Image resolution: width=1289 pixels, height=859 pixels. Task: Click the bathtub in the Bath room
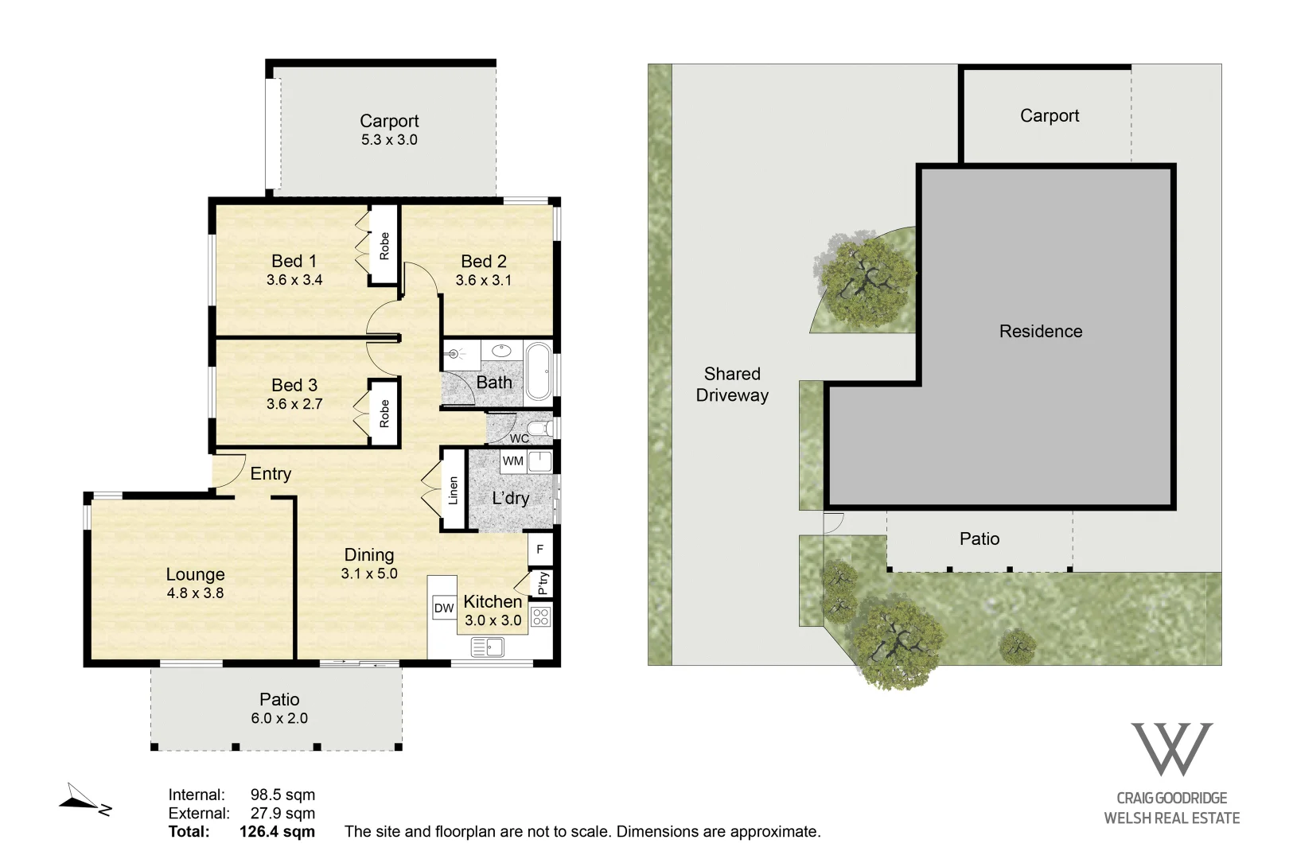pos(539,371)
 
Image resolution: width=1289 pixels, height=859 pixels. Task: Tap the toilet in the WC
pos(541,428)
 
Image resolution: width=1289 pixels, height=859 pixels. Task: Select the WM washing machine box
pos(512,461)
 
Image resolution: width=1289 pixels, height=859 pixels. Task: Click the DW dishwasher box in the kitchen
pos(444,608)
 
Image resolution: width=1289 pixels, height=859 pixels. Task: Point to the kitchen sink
pos(488,647)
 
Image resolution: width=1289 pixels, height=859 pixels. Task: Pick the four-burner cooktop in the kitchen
pos(541,616)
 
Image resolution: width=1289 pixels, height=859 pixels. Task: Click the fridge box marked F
pos(539,549)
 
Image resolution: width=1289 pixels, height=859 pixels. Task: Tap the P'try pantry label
pos(543,583)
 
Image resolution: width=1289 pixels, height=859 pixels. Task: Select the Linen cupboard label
pos(453,490)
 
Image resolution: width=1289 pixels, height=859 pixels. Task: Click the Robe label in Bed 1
pos(384,246)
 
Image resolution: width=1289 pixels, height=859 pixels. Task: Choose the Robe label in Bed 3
pos(384,413)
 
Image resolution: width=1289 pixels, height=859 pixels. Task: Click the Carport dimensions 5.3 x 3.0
pos(389,140)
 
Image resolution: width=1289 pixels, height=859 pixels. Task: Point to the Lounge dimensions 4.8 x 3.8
pos(195,593)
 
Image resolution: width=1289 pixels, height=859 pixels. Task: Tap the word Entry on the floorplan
pos(271,473)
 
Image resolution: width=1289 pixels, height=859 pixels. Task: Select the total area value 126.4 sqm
pos(278,831)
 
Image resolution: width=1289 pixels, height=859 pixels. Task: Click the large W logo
pos(1171,749)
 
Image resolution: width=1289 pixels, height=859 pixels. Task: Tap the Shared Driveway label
pos(732,384)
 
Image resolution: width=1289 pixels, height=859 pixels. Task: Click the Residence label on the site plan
pos(1041,332)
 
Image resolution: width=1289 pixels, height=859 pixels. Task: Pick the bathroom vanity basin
pos(501,351)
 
